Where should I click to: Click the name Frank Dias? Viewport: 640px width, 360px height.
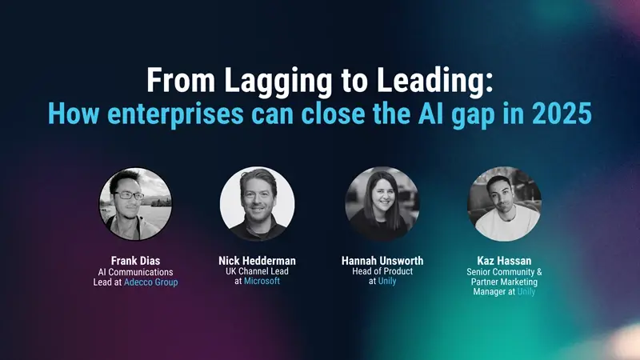coord(135,261)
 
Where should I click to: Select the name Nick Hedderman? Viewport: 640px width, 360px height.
coord(257,261)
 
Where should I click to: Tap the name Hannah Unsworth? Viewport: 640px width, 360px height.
coord(382,261)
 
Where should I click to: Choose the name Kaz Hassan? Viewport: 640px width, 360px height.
coord(505,261)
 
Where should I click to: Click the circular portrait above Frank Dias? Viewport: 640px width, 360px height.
coord(136,204)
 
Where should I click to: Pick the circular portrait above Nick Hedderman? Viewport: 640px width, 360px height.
coord(257,204)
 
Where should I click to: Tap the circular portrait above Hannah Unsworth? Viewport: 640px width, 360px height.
coord(382,204)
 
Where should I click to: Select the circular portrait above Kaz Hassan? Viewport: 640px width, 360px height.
coord(504,204)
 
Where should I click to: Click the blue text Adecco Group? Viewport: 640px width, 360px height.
coord(151,282)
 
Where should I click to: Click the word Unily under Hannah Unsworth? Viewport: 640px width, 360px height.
coord(387,282)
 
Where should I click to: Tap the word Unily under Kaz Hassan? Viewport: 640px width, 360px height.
coord(526,292)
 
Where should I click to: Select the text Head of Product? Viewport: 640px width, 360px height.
coord(382,271)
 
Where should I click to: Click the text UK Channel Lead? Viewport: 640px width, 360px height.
coord(257,271)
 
